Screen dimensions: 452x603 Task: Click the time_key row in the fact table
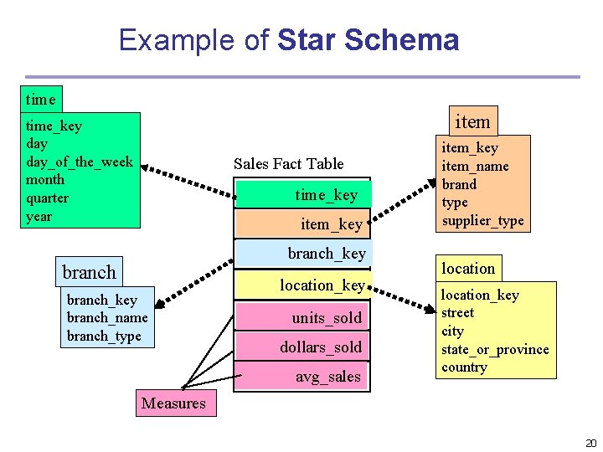pos(302,195)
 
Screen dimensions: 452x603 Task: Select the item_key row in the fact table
pos(302,223)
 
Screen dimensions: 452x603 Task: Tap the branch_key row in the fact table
pos(302,253)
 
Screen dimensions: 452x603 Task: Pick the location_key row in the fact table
pos(302,285)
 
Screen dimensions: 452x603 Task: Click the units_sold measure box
pos(302,317)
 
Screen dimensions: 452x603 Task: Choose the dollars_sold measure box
pos(302,347)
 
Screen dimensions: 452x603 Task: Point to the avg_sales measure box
pos(302,377)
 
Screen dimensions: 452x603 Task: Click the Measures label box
pos(173,403)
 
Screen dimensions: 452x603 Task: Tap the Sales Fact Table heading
pos(288,163)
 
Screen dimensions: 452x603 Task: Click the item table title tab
pos(472,121)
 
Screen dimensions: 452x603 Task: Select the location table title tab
pos(468,268)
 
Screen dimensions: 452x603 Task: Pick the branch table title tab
pos(89,272)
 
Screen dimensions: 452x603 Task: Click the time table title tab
pos(40,100)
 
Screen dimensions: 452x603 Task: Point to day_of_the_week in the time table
pos(79,162)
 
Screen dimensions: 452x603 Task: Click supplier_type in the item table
pos(482,221)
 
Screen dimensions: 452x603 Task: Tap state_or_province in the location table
pos(495,349)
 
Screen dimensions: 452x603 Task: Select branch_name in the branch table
pos(106,318)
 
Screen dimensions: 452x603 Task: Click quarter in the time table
pos(47,198)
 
